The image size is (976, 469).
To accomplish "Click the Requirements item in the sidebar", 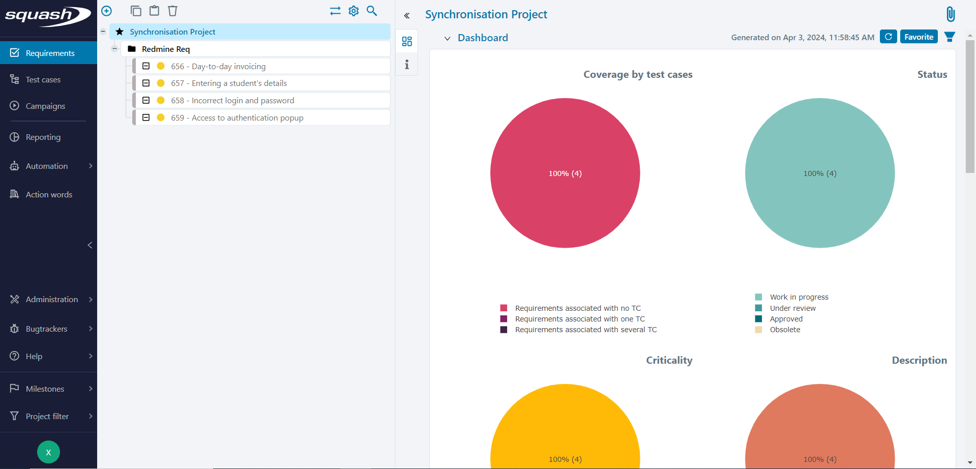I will coord(49,53).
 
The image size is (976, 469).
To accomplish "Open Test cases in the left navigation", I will coord(43,80).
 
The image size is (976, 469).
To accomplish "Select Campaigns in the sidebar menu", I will coord(45,106).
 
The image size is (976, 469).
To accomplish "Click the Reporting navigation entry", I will coord(43,137).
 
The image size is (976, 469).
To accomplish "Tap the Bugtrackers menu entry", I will coord(46,329).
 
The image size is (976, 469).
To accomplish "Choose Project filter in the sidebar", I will coord(47,417).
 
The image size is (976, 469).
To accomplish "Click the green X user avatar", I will coord(48,452).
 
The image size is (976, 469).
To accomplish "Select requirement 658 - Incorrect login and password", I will coord(232,101).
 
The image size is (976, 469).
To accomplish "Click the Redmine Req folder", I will coord(165,49).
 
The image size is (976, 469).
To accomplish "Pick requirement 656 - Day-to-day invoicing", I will coord(218,67).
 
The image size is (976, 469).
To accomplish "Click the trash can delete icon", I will coord(173,11).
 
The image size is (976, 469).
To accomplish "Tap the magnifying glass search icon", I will coord(372,11).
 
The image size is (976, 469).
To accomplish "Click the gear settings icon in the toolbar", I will coord(353,11).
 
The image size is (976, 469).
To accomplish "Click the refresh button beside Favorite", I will coord(888,37).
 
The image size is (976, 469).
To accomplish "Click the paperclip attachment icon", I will coord(950,14).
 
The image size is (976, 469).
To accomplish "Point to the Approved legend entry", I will coord(786,319).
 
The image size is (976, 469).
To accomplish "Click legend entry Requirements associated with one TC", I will coord(579,319).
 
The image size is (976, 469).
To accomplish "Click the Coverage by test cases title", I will coord(638,75).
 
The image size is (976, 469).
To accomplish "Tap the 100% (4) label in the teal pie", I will coord(820,173).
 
